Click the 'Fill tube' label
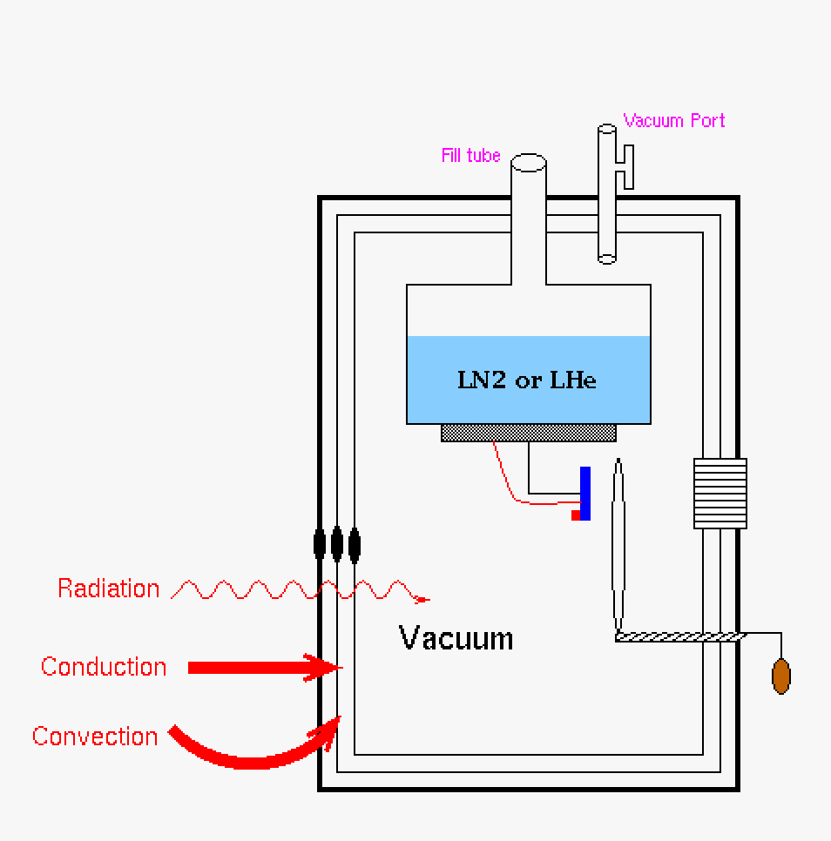[470, 156]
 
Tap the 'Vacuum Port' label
[674, 121]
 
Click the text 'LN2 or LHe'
[527, 380]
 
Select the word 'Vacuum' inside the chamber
[456, 638]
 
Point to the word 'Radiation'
[109, 589]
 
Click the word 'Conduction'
[104, 667]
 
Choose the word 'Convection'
[95, 737]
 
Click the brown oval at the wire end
[781, 676]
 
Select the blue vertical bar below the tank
[585, 494]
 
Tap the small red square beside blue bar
[576, 515]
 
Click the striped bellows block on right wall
[720, 494]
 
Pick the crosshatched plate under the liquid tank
[528, 432]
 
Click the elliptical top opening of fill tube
[528, 163]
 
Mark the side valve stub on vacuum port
[625, 167]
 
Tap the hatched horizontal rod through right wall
[679, 637]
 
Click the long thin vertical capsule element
[618, 544]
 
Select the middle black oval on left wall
[336, 543]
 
